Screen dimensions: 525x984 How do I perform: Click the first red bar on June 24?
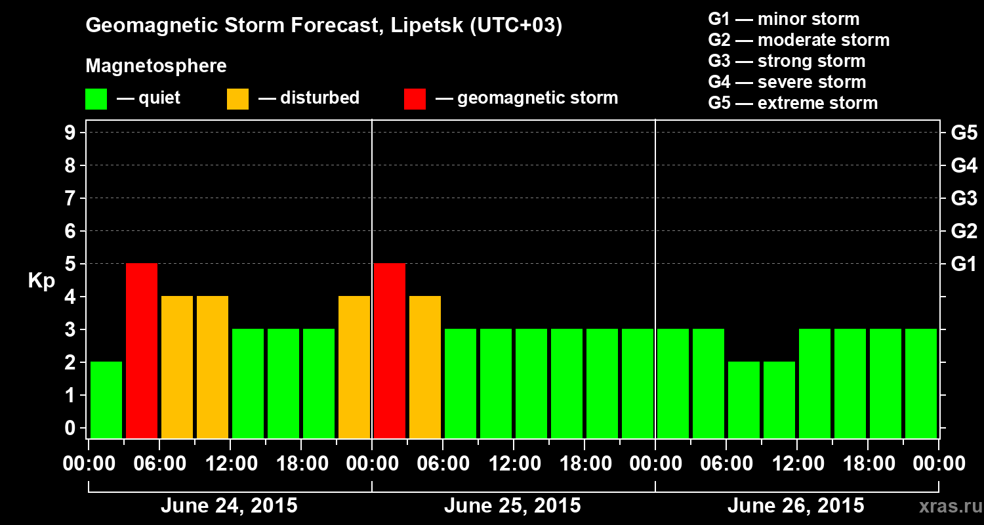click(x=142, y=350)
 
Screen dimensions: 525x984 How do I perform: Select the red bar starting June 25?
click(x=390, y=350)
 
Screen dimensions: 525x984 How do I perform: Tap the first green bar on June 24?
click(x=106, y=400)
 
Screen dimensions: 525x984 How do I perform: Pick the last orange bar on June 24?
click(x=354, y=367)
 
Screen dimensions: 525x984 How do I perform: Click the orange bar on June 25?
click(x=425, y=367)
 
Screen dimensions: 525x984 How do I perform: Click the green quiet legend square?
click(x=96, y=99)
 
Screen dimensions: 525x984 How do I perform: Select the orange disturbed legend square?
click(x=237, y=99)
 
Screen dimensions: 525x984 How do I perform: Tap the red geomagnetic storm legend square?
click(x=415, y=99)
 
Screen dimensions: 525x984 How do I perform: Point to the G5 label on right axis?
click(x=964, y=133)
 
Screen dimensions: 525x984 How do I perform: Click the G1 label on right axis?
click(x=964, y=264)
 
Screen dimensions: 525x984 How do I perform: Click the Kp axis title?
click(x=41, y=281)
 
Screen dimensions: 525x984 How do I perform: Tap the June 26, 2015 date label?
click(x=796, y=506)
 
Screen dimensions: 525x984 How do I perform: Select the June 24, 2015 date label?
click(x=229, y=506)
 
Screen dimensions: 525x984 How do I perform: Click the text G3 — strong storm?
click(x=787, y=61)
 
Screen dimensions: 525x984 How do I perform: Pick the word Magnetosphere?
click(x=156, y=66)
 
